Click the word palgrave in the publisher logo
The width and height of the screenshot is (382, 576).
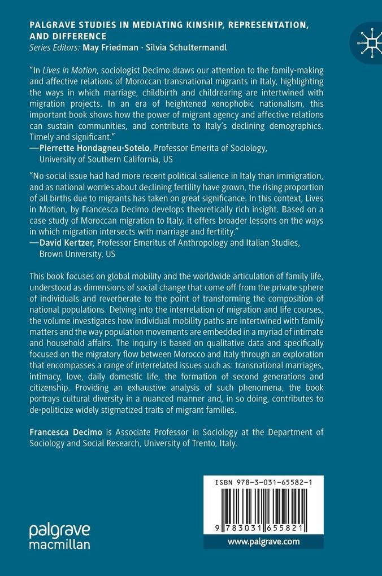pyautogui.click(x=59, y=530)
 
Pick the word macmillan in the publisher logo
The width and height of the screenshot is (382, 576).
pyautogui.click(x=59, y=544)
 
